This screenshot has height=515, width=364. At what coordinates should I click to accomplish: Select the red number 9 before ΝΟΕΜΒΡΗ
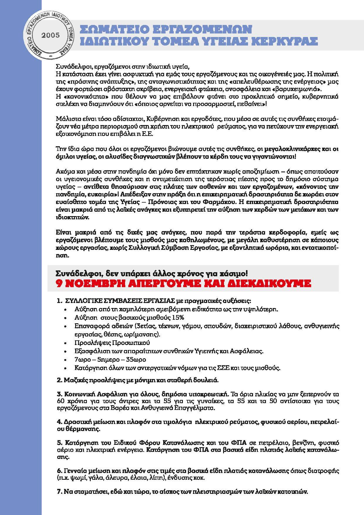[59, 284]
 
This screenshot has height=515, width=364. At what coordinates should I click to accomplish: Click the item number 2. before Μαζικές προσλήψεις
[59, 380]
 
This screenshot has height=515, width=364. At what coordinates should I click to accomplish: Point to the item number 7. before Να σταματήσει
[59, 492]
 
